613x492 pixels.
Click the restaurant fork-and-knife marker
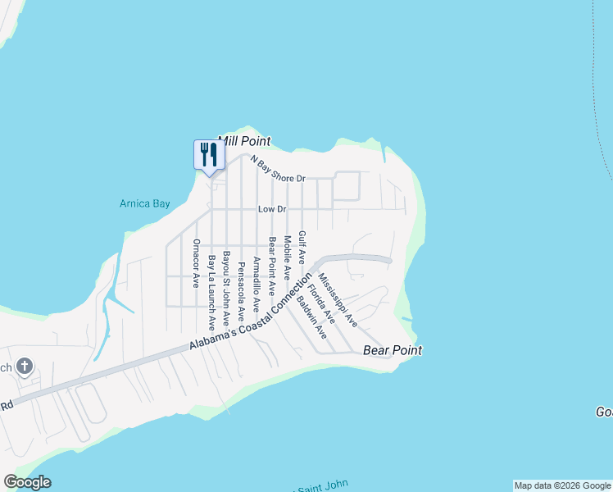click(x=209, y=154)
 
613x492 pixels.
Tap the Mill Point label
click(x=243, y=141)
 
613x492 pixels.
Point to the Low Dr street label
click(x=272, y=210)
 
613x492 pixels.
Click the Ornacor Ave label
click(x=196, y=262)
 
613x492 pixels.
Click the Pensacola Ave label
click(x=241, y=291)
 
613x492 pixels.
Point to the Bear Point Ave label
click(x=271, y=267)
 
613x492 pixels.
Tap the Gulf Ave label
click(x=302, y=247)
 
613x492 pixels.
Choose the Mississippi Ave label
click(x=338, y=299)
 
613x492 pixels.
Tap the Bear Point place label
click(x=393, y=351)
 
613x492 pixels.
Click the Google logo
click(x=27, y=482)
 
